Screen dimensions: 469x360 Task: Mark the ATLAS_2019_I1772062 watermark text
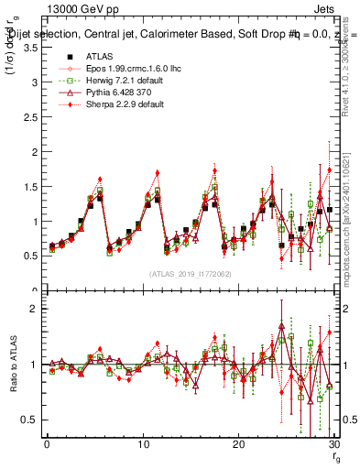coord(191,274)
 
